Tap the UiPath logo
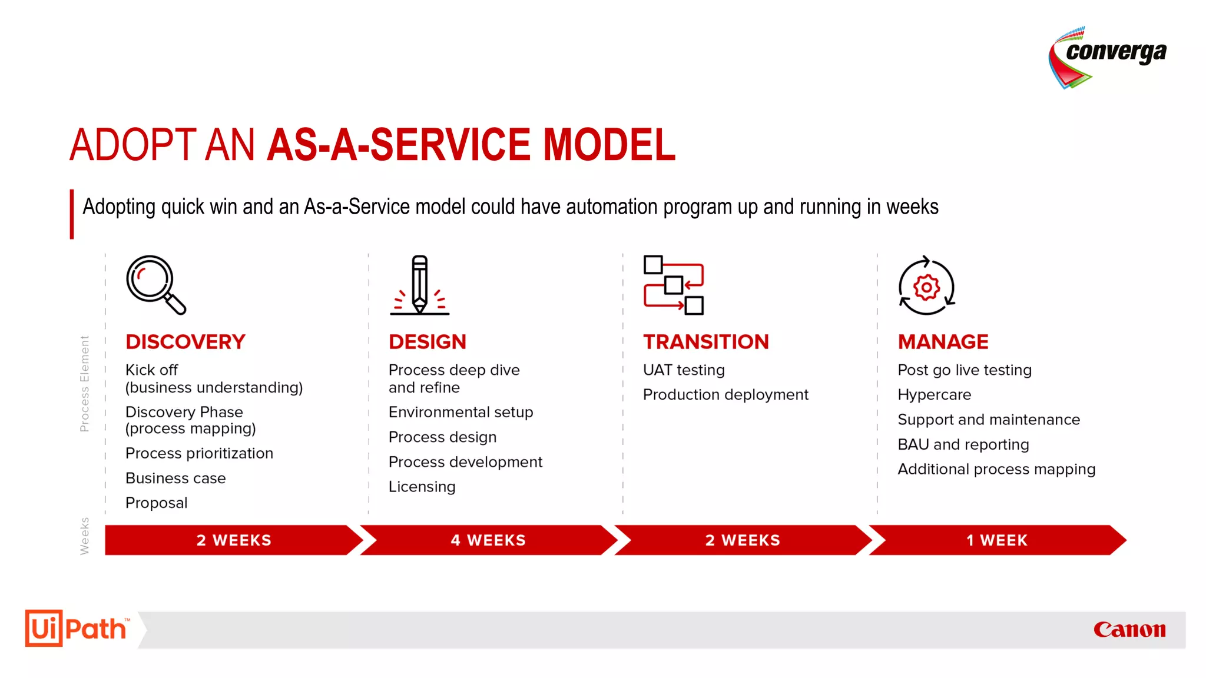coord(77,629)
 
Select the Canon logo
coord(1129,630)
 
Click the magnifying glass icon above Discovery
coord(155,285)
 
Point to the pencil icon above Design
coord(419,285)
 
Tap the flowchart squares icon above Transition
coord(673,285)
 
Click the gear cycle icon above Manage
coord(926,286)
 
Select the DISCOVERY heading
coord(185,342)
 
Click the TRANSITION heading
coord(705,342)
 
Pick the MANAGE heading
coord(943,342)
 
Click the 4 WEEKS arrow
coord(488,540)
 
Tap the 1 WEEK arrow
coord(996,540)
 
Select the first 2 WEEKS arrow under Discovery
coord(233,540)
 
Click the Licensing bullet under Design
coord(422,487)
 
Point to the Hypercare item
coord(934,395)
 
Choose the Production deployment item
coord(725,395)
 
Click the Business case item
coord(175,478)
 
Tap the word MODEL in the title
coord(609,145)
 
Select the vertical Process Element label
coord(85,383)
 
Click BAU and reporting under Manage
coord(963,444)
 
